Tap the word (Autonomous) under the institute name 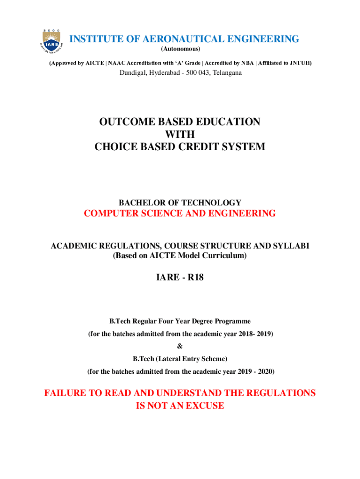pyautogui.click(x=180, y=49)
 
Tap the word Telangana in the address pyautogui.click(x=227, y=73)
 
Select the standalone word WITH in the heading pyautogui.click(x=180, y=134)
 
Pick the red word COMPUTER pyautogui.click(x=109, y=214)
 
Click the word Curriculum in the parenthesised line pyautogui.click(x=223, y=256)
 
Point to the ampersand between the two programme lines pyautogui.click(x=180, y=347)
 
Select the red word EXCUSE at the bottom pyautogui.click(x=202, y=406)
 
